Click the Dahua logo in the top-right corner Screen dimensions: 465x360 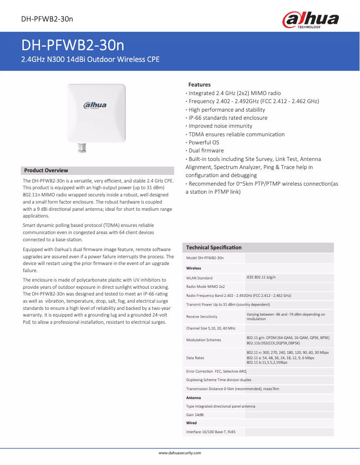click(x=310, y=20)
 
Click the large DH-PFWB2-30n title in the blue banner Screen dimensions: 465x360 click(x=73, y=46)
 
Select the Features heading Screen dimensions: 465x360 click(x=199, y=84)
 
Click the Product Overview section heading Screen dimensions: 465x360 click(x=46, y=170)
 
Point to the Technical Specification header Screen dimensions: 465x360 click(x=214, y=248)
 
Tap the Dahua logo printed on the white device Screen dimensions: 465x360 click(x=95, y=105)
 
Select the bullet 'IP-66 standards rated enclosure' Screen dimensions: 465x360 click(x=228, y=118)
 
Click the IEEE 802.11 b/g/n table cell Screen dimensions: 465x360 click(x=261, y=277)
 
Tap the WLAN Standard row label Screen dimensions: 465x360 click(x=199, y=278)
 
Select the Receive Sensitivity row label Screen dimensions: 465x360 click(x=202, y=317)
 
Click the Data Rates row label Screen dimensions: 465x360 click(x=195, y=358)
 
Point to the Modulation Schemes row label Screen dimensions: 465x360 click(x=204, y=340)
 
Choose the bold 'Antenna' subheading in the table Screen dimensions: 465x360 click(x=193, y=398)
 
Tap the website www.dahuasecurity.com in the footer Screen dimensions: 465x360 click(x=180, y=453)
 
